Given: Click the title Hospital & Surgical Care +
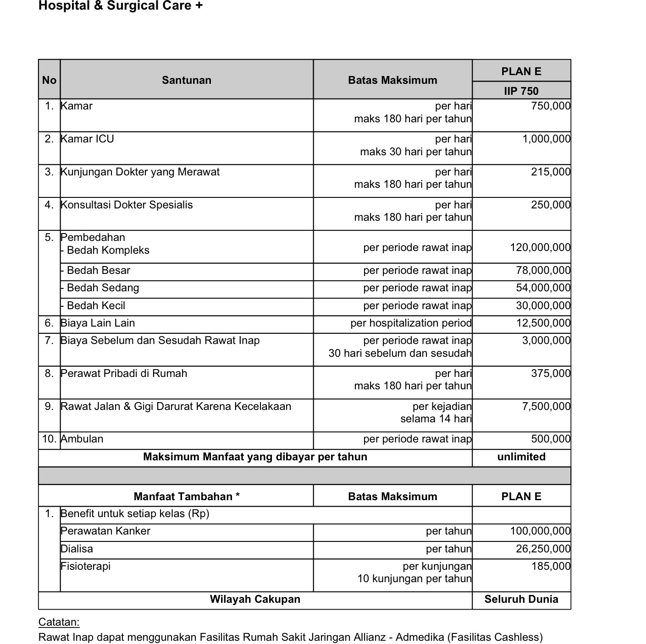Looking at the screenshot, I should pyautogui.click(x=120, y=6).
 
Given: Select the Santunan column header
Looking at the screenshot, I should pyautogui.click(x=187, y=80).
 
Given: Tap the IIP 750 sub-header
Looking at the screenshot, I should pyautogui.click(x=521, y=91).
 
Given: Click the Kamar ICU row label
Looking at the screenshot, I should pyautogui.click(x=87, y=139).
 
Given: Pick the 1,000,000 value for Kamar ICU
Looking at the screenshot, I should pyautogui.click(x=547, y=139).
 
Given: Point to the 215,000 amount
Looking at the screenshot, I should pyautogui.click(x=551, y=172).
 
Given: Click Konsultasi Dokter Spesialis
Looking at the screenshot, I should pyautogui.click(x=127, y=205).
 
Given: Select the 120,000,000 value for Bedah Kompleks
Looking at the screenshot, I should pyautogui.click(x=540, y=247).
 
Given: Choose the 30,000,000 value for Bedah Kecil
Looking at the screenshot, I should pyautogui.click(x=543, y=306).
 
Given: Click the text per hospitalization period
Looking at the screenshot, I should pyautogui.click(x=411, y=323).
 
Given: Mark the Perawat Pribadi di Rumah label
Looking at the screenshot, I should pyautogui.click(x=124, y=373).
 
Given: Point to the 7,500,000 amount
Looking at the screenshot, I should pyautogui.click(x=546, y=406).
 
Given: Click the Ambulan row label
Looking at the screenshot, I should pyautogui.click(x=82, y=439).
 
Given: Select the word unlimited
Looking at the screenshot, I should pyautogui.click(x=521, y=457).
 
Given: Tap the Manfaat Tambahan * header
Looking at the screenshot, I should pyautogui.click(x=187, y=497).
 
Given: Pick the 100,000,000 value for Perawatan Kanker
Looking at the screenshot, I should pyautogui.click(x=540, y=531).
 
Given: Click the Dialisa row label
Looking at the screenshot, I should pyautogui.click(x=77, y=549).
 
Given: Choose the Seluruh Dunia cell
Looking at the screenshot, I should pyautogui.click(x=521, y=599).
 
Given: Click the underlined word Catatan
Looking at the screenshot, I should pyautogui.click(x=59, y=622).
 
